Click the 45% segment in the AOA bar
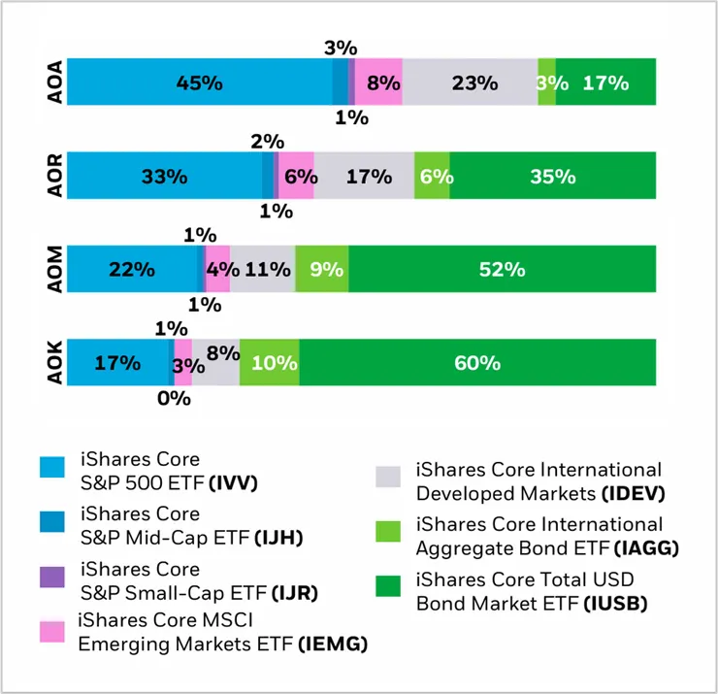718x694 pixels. coord(199,83)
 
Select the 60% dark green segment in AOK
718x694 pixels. coord(476,363)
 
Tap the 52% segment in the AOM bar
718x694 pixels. coord(502,270)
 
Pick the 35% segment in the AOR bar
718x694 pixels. coord(552,176)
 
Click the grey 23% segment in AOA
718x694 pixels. coord(471,83)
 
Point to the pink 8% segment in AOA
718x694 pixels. coord(378,83)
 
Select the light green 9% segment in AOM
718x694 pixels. coord(322,270)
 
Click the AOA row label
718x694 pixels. coord(54,83)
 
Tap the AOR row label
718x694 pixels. coord(54,176)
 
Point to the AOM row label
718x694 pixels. coord(54,270)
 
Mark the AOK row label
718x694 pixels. coord(54,363)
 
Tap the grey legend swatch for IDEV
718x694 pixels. coord(387,476)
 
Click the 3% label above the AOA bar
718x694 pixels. coord(341,47)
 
